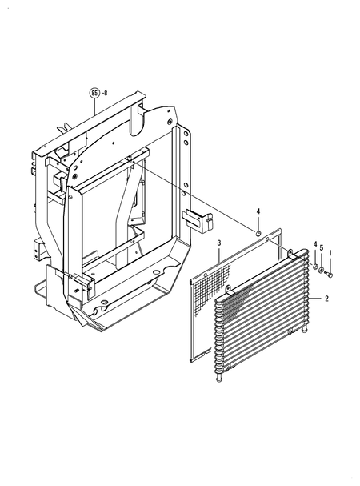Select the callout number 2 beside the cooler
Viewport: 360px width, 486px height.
pyautogui.click(x=326, y=299)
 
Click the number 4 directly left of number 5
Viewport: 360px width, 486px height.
pyautogui.click(x=315, y=244)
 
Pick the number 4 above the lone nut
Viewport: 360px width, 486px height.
pyautogui.click(x=258, y=211)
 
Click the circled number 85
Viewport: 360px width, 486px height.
pyautogui.click(x=96, y=94)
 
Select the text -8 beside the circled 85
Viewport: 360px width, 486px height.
pyautogui.click(x=108, y=94)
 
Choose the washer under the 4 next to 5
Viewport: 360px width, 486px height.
pyautogui.click(x=315, y=268)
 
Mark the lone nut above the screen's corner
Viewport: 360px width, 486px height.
pyautogui.click(x=258, y=233)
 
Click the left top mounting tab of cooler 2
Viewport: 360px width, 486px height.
pyautogui.click(x=227, y=289)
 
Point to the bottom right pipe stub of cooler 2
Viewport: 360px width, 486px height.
pyautogui.click(x=306, y=330)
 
